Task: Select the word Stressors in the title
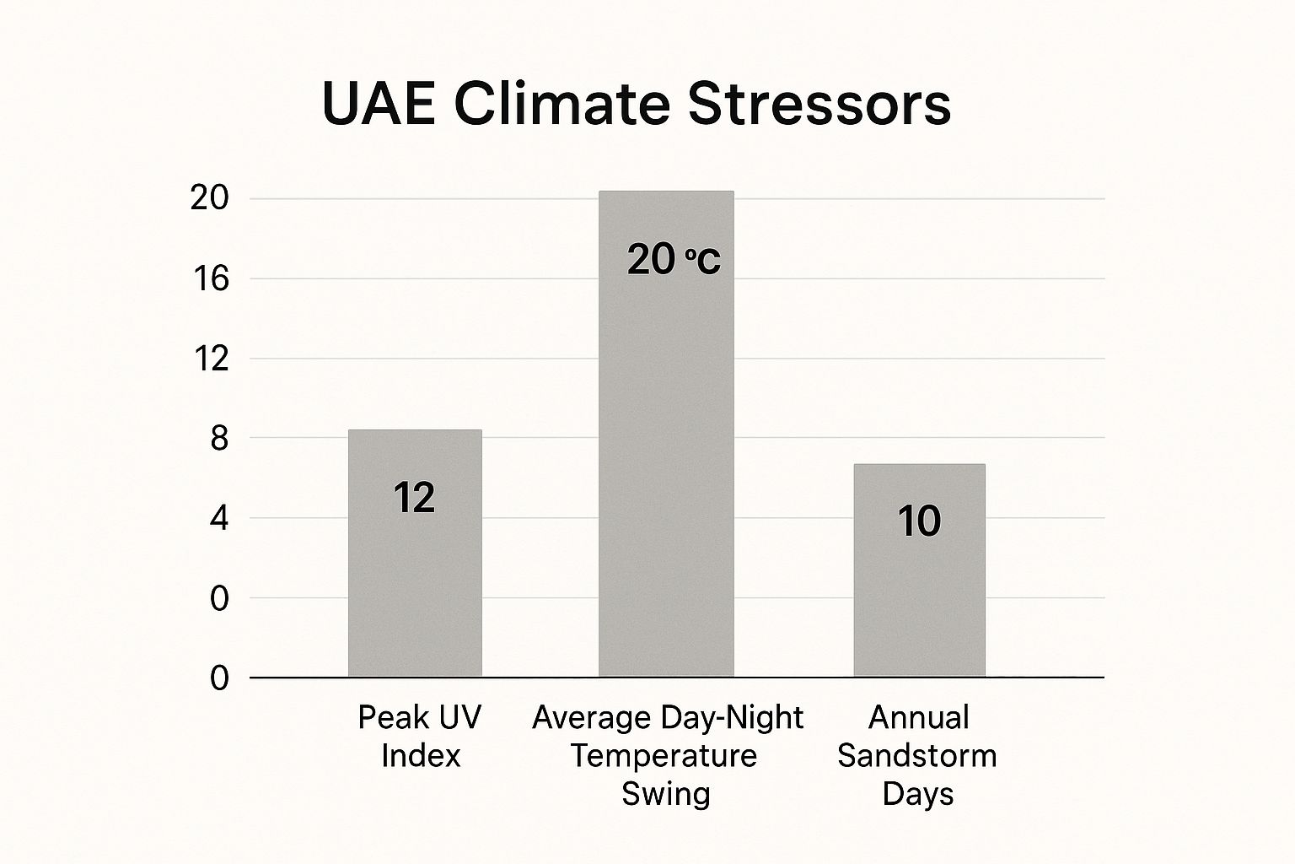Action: (x=819, y=105)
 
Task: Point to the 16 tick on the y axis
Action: (x=210, y=278)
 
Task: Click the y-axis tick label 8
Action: (x=219, y=439)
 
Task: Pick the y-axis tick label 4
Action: (x=219, y=518)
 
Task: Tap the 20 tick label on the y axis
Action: (x=209, y=198)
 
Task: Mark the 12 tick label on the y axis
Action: (x=210, y=359)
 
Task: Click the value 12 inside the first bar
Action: (x=414, y=498)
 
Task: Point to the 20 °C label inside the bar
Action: (x=674, y=259)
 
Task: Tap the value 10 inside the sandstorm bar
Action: (x=919, y=521)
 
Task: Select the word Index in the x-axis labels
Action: (x=421, y=755)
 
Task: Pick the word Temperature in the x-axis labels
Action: (x=664, y=755)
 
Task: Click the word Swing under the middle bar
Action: (x=666, y=793)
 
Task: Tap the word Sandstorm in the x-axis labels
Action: (x=916, y=755)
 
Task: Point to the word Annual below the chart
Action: (x=918, y=717)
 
